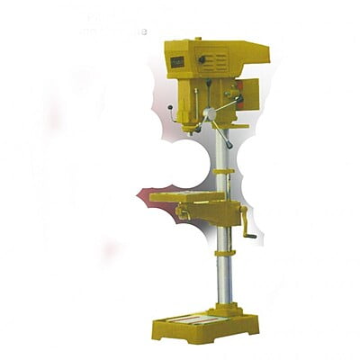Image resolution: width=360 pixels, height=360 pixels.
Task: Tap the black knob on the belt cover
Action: [202, 61]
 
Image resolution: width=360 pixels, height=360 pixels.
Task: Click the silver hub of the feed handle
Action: [211, 113]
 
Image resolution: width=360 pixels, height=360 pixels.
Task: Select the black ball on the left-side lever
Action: [171, 113]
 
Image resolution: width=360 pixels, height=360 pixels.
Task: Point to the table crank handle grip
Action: [251, 236]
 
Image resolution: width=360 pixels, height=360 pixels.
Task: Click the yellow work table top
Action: [185, 195]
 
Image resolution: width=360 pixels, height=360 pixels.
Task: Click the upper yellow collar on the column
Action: [225, 171]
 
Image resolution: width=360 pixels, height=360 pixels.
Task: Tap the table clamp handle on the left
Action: [183, 213]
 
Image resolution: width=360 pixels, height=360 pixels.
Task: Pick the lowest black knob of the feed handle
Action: [229, 145]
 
